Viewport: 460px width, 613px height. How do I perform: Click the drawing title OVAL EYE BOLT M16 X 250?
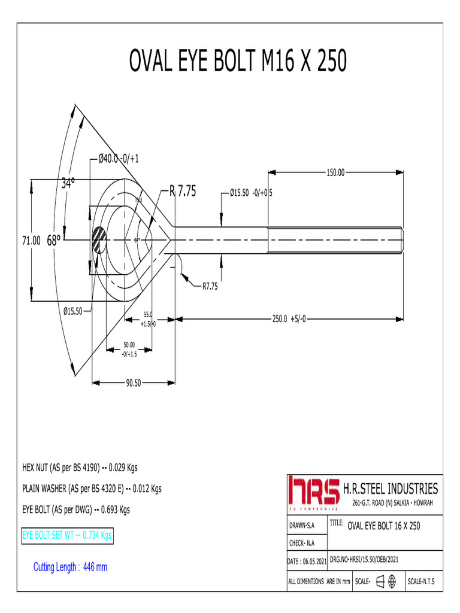pyautogui.click(x=238, y=61)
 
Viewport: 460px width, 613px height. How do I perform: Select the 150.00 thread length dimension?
pyautogui.click(x=335, y=172)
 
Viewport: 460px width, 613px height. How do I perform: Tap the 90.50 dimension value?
pyautogui.click(x=133, y=383)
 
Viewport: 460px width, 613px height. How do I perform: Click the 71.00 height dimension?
pyautogui.click(x=31, y=240)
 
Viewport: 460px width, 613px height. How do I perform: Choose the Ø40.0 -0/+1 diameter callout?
pyautogui.click(x=119, y=159)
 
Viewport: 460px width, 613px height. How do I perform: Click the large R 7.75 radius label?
pyautogui.click(x=183, y=192)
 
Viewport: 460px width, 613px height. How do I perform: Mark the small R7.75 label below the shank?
pyautogui.click(x=210, y=287)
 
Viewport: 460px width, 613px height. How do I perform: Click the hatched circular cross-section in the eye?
pyautogui.click(x=99, y=240)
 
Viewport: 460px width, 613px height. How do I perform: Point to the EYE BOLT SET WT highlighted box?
pyautogui.click(x=66, y=535)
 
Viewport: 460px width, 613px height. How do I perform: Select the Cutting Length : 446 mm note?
pyautogui.click(x=70, y=567)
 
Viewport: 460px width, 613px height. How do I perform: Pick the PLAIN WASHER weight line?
pyautogui.click(x=92, y=488)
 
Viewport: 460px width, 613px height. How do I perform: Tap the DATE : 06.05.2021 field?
pyautogui.click(x=307, y=561)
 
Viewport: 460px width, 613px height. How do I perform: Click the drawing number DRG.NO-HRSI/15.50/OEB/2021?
pyautogui.click(x=365, y=559)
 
